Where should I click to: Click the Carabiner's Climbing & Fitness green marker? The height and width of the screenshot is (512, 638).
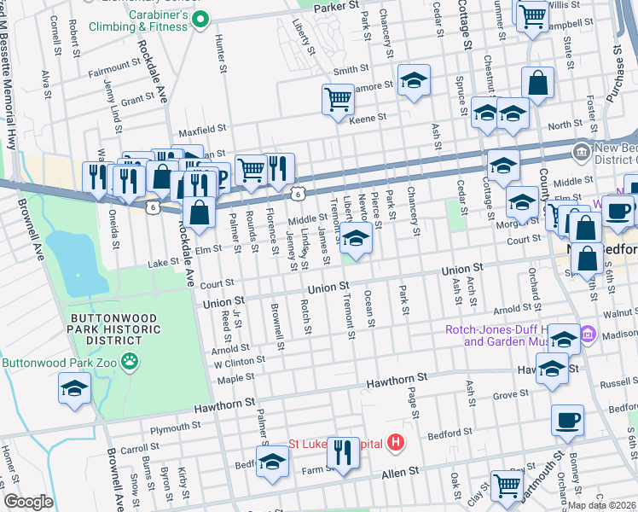[200, 18]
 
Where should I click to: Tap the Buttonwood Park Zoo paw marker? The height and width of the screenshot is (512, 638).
[130, 362]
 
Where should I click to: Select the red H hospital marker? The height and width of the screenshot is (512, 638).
[395, 443]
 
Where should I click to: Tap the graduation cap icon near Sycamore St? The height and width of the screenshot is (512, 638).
[414, 81]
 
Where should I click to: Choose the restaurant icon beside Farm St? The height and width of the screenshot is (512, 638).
[343, 452]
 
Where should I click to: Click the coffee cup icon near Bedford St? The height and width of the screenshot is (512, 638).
[567, 420]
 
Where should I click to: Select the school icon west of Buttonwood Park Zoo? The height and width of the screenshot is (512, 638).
[74, 388]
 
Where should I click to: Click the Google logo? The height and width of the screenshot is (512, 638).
[28, 502]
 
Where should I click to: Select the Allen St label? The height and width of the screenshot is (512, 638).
[402, 471]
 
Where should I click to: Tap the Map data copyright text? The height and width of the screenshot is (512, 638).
[602, 505]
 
